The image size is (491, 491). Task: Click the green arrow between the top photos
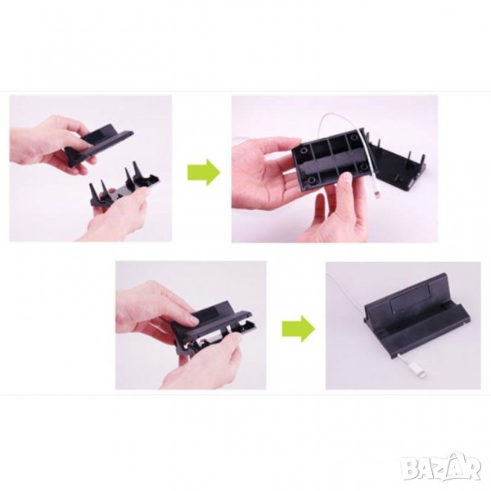point(204,172)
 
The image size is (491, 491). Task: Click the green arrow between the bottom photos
point(299,328)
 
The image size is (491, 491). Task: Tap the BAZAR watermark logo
point(442,468)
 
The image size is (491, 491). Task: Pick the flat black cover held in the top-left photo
point(100,143)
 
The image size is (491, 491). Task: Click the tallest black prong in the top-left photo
point(137,170)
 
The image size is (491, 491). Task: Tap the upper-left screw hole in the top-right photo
point(303,151)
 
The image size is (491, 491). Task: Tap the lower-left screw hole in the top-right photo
point(311,180)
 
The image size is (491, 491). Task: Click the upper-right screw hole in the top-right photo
point(354,137)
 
